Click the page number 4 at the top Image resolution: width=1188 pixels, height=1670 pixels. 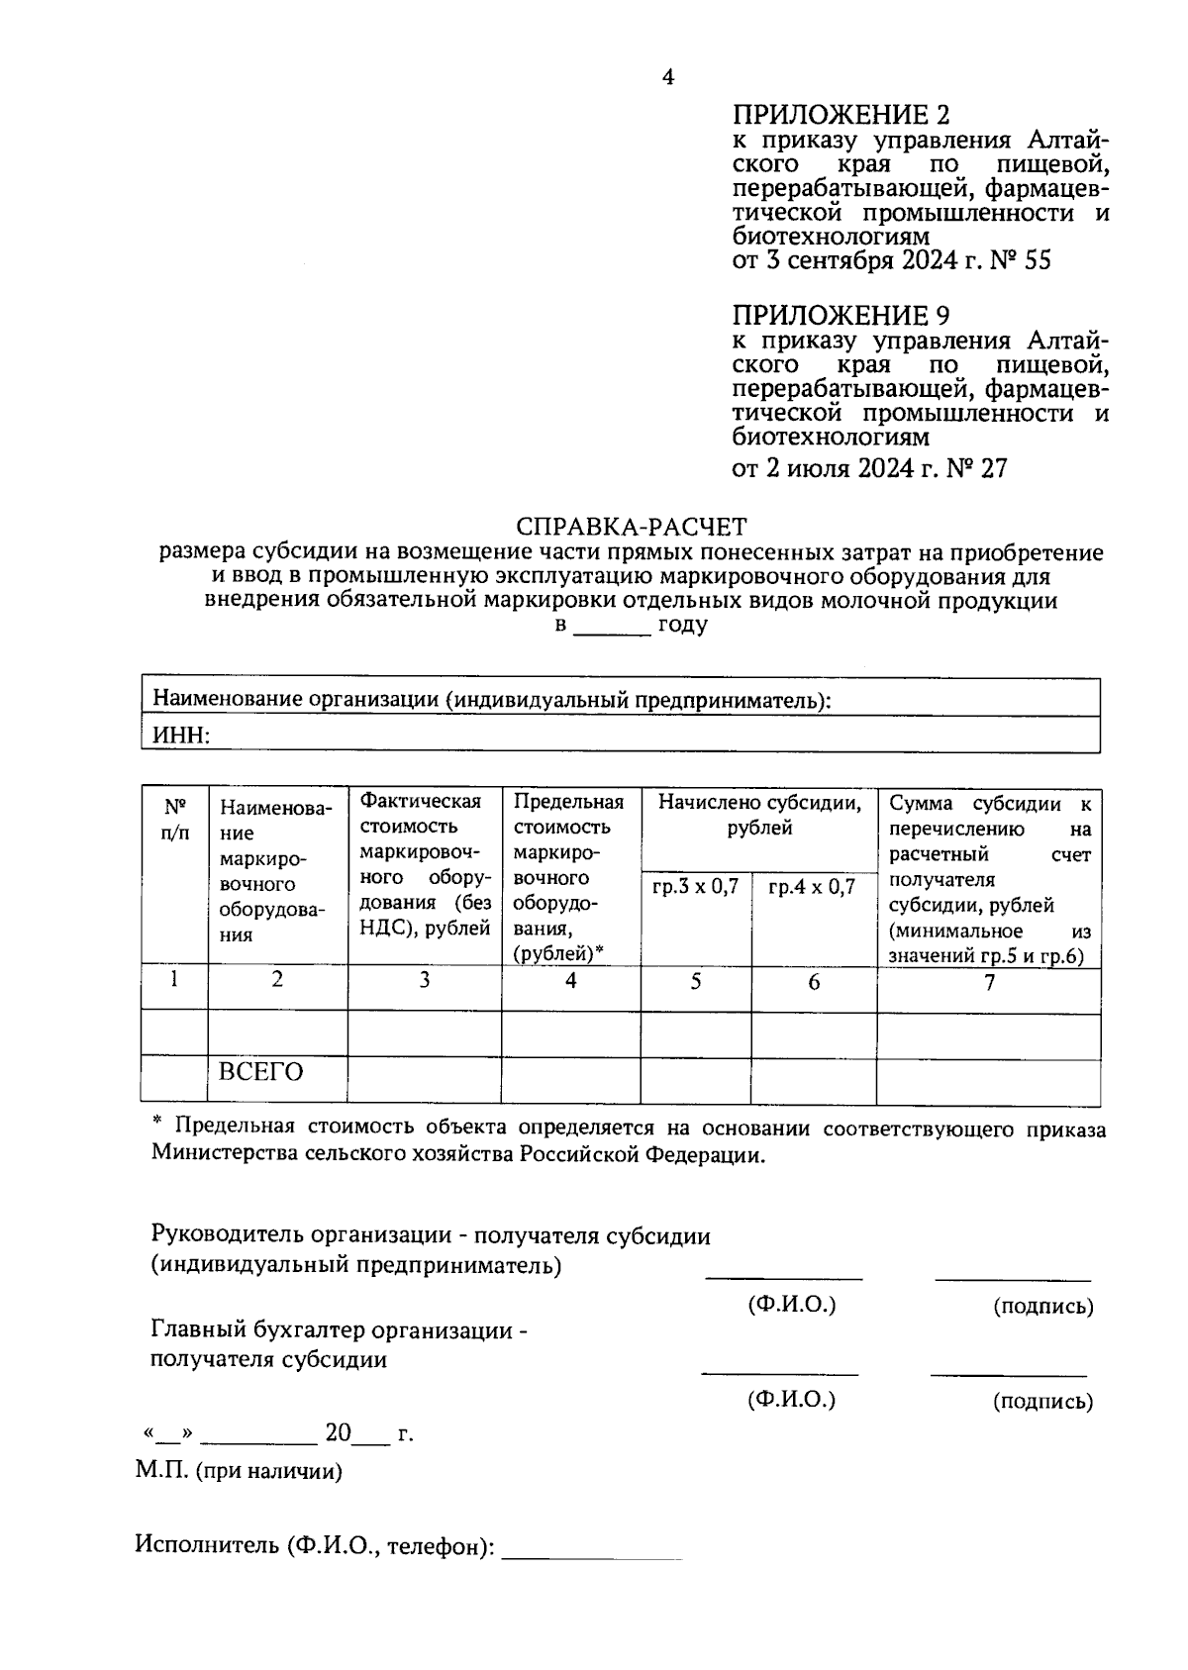coord(668,77)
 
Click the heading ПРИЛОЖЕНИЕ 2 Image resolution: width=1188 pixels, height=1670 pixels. coord(841,115)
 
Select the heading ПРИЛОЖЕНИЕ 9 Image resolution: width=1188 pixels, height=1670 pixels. coord(841,316)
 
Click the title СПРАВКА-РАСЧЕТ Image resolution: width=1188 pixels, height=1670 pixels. coord(632,527)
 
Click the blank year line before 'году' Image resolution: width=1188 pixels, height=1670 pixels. coord(612,628)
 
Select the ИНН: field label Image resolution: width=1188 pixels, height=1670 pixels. coord(179,735)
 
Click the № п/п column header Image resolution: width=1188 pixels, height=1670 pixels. coord(174,820)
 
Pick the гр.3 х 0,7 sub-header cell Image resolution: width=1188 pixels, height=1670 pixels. coord(695,887)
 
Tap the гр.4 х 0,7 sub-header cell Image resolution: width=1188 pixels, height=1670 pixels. coord(812,887)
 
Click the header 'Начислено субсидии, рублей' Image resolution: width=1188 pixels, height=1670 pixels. coord(759,816)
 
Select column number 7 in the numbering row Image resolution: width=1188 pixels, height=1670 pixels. coord(988,982)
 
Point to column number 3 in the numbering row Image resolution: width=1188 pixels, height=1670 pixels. coord(424,980)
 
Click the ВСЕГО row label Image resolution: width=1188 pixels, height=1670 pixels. coord(260,1073)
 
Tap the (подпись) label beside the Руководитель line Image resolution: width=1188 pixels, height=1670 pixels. coord(1042,1307)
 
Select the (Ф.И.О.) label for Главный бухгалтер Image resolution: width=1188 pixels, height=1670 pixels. coord(792,1400)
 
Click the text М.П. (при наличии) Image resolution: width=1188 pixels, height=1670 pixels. coord(239,1472)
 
